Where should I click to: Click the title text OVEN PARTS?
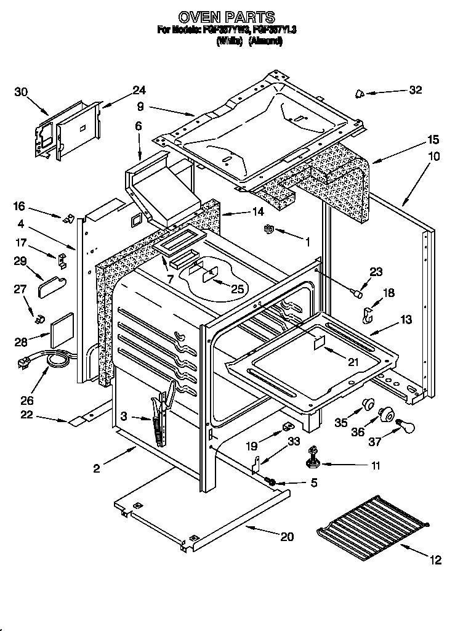point(227,17)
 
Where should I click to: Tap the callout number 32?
point(416,90)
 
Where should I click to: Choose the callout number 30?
point(21,92)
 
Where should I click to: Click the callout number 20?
point(286,536)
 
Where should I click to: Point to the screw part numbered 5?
point(270,481)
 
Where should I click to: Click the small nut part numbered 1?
point(268,230)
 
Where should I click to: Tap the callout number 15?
point(416,139)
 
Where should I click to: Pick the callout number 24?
point(139,91)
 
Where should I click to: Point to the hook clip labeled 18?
point(368,315)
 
